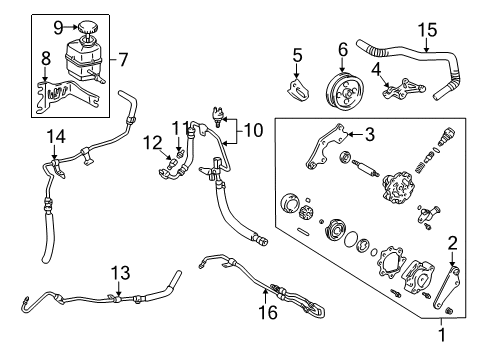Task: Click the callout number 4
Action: click(x=376, y=68)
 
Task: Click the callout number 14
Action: click(x=56, y=135)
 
